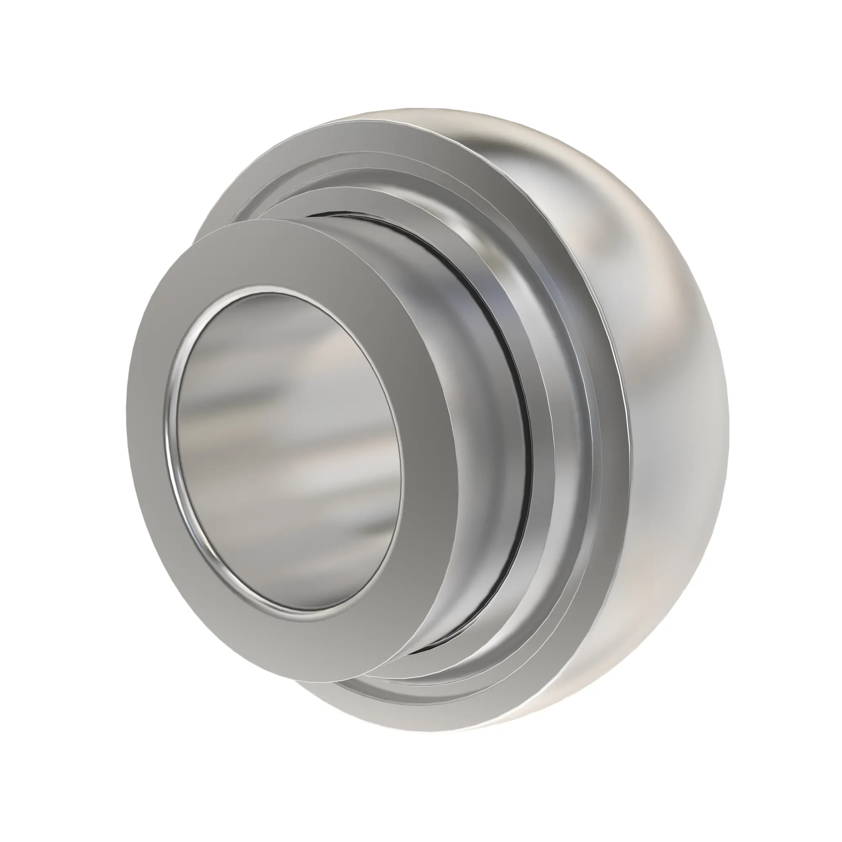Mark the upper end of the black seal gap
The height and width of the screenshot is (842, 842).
[344, 213]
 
